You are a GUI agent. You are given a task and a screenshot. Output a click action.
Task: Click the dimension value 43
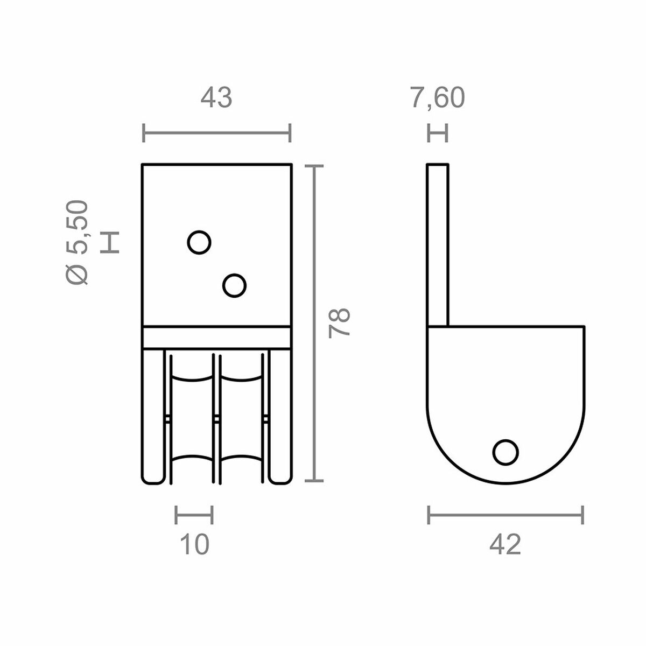[216, 98]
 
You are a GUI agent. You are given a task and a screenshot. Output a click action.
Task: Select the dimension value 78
[340, 322]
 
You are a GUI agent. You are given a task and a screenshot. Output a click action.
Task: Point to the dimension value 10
[194, 545]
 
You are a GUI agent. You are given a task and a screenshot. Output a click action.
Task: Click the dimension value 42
[505, 545]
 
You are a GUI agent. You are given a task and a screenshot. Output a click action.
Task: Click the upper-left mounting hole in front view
[199, 242]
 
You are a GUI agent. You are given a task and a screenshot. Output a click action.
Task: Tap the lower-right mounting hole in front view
[234, 285]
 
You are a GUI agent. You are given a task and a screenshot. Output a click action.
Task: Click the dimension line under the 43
[216, 132]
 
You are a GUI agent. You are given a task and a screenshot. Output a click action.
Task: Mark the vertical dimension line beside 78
[314, 323]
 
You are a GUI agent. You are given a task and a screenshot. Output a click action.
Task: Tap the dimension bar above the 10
[194, 515]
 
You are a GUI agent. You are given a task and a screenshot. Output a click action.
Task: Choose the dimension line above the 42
[505, 515]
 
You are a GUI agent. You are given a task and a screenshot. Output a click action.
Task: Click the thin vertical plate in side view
[438, 245]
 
